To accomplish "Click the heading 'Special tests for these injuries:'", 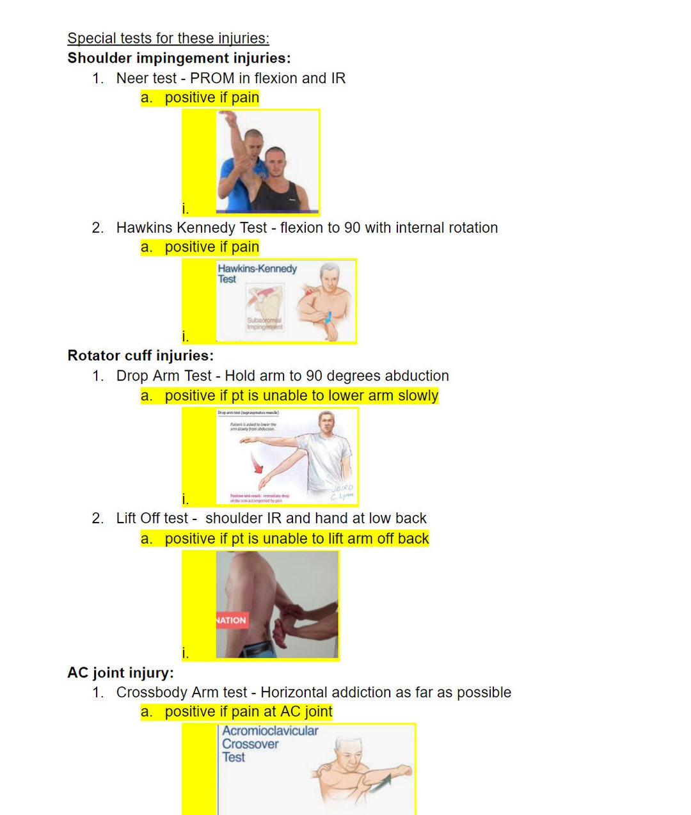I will (x=168, y=38).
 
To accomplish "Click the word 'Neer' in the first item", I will (x=131, y=79).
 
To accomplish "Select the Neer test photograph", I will (x=267, y=162).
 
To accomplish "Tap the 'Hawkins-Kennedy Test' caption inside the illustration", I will (x=256, y=273).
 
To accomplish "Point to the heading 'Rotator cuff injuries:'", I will (x=141, y=356).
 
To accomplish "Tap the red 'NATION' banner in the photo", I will (x=231, y=620).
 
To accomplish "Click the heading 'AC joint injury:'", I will (x=120, y=673).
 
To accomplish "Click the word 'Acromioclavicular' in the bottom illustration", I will (x=270, y=731).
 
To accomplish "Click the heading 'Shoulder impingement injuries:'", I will (x=179, y=58).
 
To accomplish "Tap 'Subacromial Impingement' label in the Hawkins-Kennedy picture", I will (x=264, y=324).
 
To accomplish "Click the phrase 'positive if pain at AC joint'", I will (x=248, y=712).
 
